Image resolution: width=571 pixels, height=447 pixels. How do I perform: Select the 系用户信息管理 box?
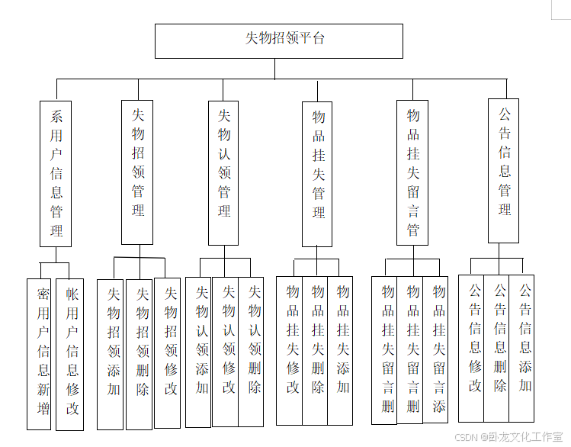tap(56, 173)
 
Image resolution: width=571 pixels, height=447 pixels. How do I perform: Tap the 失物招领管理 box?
tap(138, 172)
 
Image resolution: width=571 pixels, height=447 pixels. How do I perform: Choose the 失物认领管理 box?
tap(223, 172)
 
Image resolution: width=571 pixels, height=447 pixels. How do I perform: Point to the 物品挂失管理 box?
tap(318, 174)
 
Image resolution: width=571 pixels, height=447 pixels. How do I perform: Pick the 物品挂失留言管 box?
tap(412, 172)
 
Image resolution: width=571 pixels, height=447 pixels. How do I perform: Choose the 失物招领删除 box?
tap(142, 354)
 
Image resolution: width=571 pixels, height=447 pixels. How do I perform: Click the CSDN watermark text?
tap(508, 437)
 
